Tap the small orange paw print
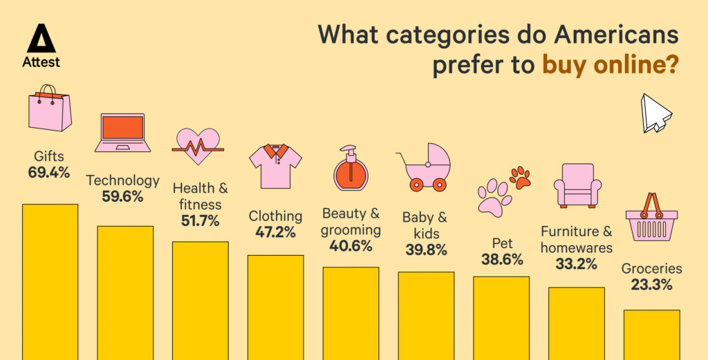(x=519, y=178)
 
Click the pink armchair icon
(x=577, y=185)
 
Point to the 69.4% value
(x=48, y=173)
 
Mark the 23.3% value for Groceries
(x=651, y=285)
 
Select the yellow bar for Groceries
(x=651, y=334)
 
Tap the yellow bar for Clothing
(x=275, y=307)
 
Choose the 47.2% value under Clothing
(x=275, y=232)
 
